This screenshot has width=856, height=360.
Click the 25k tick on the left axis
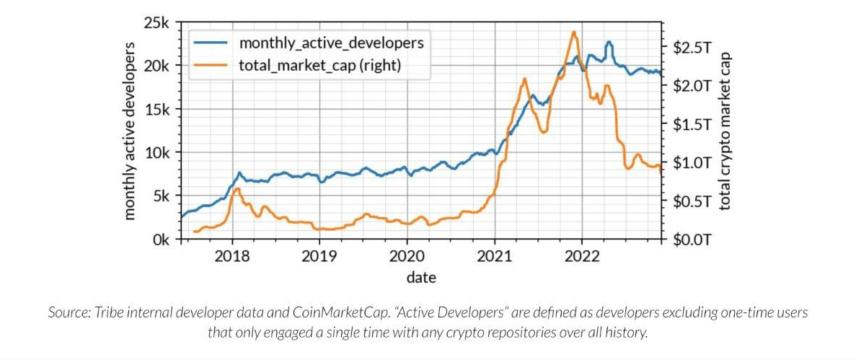pyautogui.click(x=159, y=23)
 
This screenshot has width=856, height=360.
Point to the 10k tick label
pyautogui.click(x=159, y=153)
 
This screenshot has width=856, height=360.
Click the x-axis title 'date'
pyautogui.click(x=420, y=277)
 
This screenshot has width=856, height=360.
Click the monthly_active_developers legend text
pyautogui.click(x=331, y=42)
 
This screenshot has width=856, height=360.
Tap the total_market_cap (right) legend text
pyautogui.click(x=319, y=66)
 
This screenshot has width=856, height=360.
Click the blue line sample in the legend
pyautogui.click(x=211, y=42)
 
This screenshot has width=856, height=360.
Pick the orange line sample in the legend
pyautogui.click(x=211, y=66)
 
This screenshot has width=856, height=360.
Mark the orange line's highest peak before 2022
pyautogui.click(x=573, y=32)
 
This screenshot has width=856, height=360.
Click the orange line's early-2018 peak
pyautogui.click(x=237, y=188)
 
